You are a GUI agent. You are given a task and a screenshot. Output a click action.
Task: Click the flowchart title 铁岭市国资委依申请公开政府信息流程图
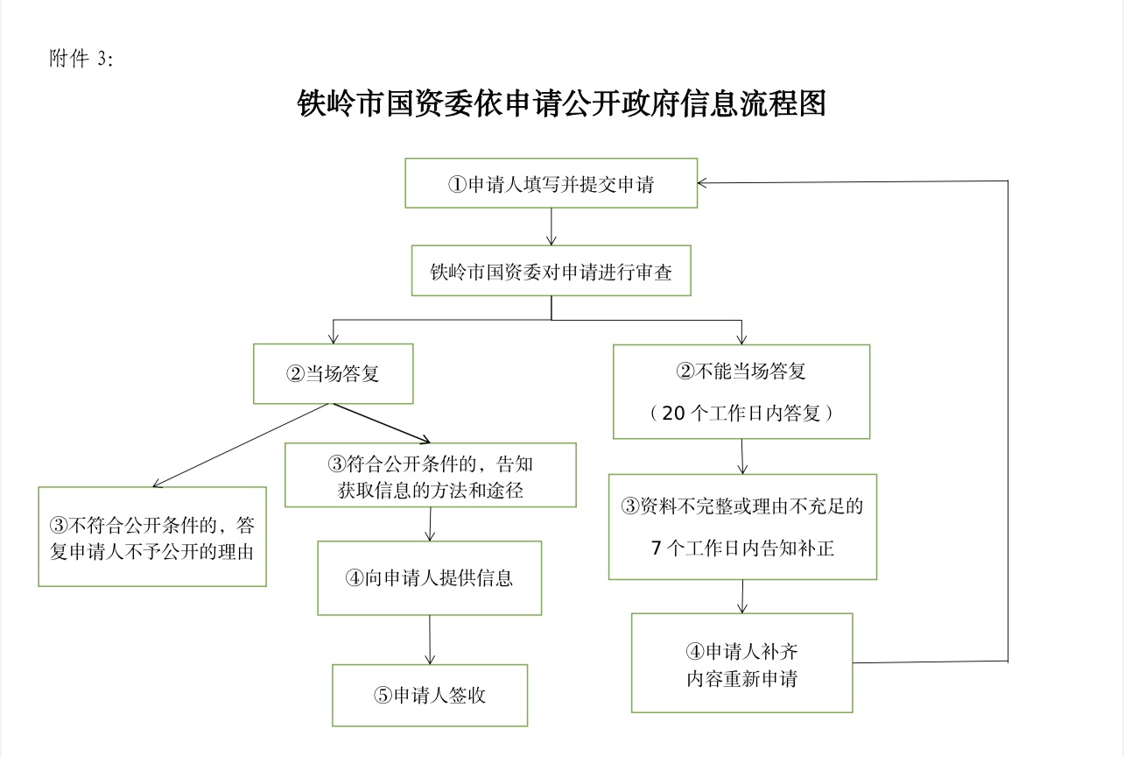pyautogui.click(x=562, y=103)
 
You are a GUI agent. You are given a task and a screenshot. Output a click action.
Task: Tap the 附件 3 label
pyautogui.click(x=81, y=60)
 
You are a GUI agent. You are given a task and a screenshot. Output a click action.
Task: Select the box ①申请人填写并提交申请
pyautogui.click(x=551, y=183)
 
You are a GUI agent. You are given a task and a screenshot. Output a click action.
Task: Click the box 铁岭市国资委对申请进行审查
pyautogui.click(x=551, y=272)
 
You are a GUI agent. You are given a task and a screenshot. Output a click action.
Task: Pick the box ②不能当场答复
pyautogui.click(x=741, y=391)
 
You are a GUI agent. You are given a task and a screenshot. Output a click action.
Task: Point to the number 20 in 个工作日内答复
pyautogui.click(x=674, y=414)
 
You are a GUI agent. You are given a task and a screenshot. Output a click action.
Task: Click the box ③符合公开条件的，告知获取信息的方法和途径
pyautogui.click(x=430, y=475)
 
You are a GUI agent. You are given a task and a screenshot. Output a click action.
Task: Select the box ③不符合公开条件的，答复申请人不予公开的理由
pyautogui.click(x=152, y=537)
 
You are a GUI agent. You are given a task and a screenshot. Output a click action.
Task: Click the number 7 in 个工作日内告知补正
pyautogui.click(x=657, y=549)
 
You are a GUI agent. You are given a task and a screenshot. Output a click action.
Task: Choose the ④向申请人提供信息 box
pyautogui.click(x=429, y=578)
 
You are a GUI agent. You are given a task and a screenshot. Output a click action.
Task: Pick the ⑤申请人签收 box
pyautogui.click(x=429, y=695)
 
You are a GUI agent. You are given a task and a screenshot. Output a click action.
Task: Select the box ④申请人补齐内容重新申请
pyautogui.click(x=741, y=663)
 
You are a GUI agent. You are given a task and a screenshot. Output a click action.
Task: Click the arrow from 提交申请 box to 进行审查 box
pyautogui.click(x=551, y=227)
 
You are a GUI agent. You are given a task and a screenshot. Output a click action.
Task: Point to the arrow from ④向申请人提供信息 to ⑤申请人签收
pyautogui.click(x=430, y=640)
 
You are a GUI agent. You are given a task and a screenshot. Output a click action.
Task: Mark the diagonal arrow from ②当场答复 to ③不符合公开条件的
pyautogui.click(x=241, y=445)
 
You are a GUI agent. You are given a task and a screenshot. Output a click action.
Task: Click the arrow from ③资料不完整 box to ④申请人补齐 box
pyautogui.click(x=742, y=597)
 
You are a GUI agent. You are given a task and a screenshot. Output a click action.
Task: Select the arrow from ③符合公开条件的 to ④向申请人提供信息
pyautogui.click(x=430, y=524)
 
